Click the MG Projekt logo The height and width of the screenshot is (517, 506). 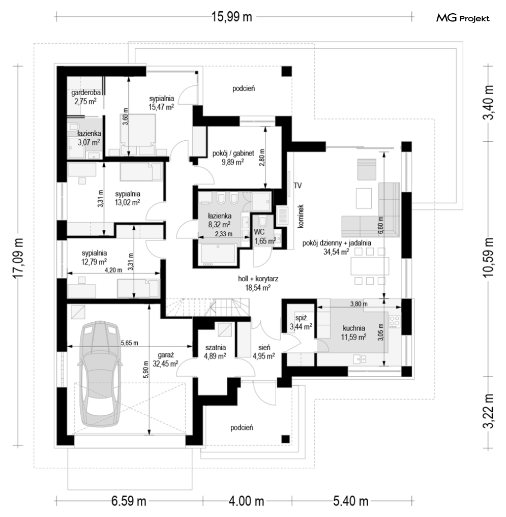[x=463, y=18]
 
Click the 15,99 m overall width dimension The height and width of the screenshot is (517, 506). [x=231, y=16]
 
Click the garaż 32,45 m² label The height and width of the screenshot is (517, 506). [x=165, y=359]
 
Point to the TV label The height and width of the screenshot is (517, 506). [x=297, y=186]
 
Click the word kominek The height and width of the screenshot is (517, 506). [x=300, y=216]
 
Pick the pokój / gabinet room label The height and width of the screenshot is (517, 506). [x=233, y=157]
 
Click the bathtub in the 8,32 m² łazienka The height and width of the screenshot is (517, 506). [x=218, y=254]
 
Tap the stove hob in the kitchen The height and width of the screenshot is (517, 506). [x=395, y=322]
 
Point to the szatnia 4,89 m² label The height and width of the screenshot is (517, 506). [x=216, y=351]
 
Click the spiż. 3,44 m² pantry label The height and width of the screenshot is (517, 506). [x=301, y=322]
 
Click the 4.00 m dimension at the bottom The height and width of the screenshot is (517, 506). [x=247, y=502]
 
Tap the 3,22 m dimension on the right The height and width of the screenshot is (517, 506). [x=489, y=411]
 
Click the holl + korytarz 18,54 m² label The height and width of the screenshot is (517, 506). [x=258, y=283]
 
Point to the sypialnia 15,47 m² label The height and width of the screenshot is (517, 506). [x=161, y=103]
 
